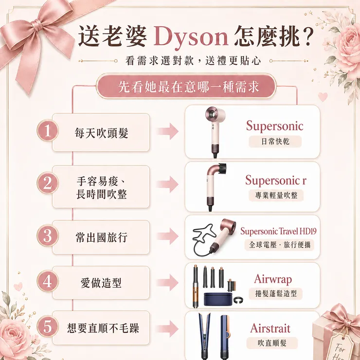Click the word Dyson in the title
191,37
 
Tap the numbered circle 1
48,130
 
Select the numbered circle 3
48,235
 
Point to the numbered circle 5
48,326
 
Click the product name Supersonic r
276,180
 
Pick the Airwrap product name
273,279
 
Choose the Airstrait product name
270,328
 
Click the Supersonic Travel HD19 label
278,231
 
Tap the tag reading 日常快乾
275,142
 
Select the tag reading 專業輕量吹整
276,196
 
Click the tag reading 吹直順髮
272,343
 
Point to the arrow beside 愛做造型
168,282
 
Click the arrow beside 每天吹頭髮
168,131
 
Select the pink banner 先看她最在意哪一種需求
186,86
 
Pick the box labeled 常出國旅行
101,237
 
